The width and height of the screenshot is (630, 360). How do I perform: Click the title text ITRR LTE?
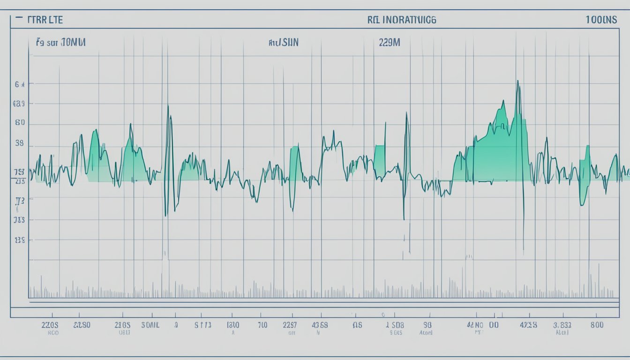tap(45, 20)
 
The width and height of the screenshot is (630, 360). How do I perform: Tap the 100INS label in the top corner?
tap(601, 20)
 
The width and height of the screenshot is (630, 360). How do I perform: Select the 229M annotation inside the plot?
tap(389, 42)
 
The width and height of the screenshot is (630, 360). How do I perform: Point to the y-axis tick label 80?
tap(20, 123)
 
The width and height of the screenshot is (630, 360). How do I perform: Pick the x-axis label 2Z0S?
tap(50, 324)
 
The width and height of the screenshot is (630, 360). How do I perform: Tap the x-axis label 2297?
tap(290, 324)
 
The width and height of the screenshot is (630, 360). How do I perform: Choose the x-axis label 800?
tap(597, 324)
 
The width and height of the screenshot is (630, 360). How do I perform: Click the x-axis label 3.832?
tap(562, 324)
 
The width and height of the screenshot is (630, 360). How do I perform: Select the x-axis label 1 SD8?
tap(394, 324)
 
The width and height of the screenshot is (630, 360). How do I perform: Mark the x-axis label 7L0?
tap(262, 324)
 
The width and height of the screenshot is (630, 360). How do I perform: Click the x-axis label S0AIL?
tap(150, 324)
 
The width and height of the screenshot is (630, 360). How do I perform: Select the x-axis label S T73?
tap(203, 324)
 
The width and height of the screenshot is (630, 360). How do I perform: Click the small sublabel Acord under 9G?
tap(426, 333)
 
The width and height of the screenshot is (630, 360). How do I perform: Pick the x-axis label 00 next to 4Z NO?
tap(494, 324)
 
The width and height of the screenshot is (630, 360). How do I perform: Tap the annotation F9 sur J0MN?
tap(61, 42)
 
